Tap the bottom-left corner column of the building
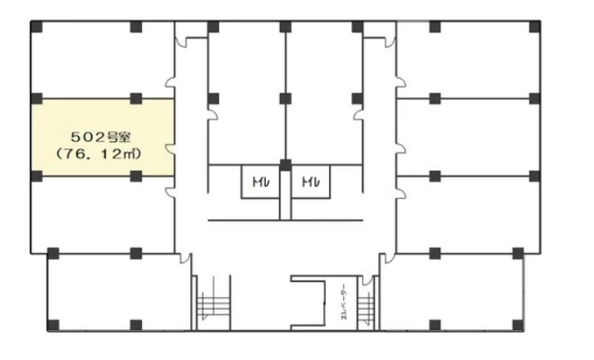pyautogui.click(x=53, y=325)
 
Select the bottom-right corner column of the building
pyautogui.click(x=518, y=325)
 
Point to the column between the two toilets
pyautogui.click(x=285, y=165)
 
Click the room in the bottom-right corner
pyautogui.click(x=453, y=289)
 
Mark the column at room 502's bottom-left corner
pyautogui.click(x=35, y=176)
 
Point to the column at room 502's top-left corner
pyautogui.click(x=35, y=98)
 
